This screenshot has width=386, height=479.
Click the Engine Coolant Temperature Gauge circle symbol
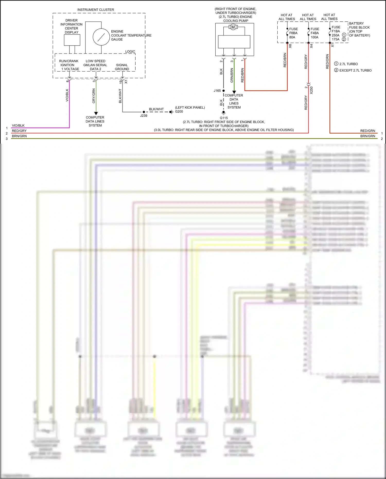pos(101,37)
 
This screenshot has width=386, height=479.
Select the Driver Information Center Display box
pos(72,40)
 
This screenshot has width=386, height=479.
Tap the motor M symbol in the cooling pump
pos(233,27)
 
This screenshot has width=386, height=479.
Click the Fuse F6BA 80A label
pos(293,33)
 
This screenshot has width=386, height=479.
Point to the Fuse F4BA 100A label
pos(314,33)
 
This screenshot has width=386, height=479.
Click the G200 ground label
pos(179,111)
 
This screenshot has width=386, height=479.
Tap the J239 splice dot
pos(144,112)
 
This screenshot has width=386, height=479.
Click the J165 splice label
pos(217,91)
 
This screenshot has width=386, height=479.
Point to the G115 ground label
pos(224,118)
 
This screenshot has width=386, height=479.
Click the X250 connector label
pos(311,90)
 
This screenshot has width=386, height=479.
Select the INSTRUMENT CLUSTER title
pos(95,10)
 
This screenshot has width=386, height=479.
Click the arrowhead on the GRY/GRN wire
pos(96,113)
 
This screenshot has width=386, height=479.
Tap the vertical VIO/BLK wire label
pos(67,95)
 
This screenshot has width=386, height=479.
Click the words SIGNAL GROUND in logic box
pos(122,67)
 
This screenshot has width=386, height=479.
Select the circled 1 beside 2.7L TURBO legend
pos(336,64)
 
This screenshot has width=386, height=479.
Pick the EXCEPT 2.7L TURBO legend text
pos(355,70)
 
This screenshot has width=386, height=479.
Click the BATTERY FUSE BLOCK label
pos(359,25)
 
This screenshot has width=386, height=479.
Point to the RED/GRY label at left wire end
pos(19,131)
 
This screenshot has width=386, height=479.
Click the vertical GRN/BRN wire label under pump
pos(232,75)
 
